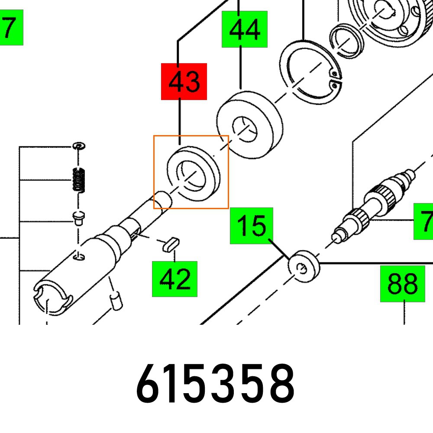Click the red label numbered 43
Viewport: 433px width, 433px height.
[184, 81]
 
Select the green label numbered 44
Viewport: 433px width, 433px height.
[245, 29]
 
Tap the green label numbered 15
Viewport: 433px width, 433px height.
[252, 226]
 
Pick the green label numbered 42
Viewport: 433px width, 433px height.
[174, 279]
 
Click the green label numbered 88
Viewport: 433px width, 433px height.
[403, 284]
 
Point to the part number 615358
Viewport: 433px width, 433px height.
[215, 384]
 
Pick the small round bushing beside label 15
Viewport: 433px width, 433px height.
[304, 266]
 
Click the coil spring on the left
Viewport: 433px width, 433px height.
[78, 179]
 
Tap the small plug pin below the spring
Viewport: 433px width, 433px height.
[78, 218]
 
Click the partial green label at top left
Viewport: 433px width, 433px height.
[11, 29]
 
